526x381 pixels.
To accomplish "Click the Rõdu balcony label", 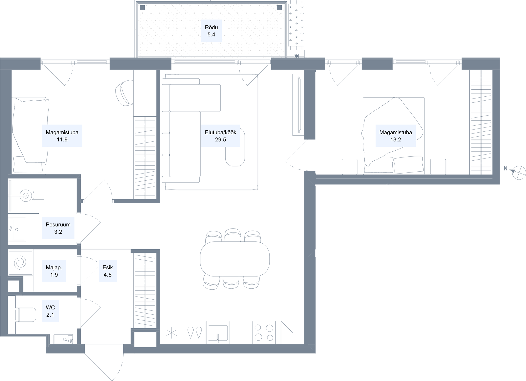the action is (x=211, y=31).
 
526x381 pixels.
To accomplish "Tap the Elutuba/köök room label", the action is (x=220, y=136).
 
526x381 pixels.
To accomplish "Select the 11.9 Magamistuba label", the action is (x=62, y=136).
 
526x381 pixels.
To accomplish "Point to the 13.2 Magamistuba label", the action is (x=396, y=136).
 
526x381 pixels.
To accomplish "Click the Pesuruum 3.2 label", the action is (x=58, y=228).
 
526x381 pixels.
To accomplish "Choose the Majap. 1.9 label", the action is (x=54, y=271).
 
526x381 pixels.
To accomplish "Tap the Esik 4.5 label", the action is (x=108, y=271).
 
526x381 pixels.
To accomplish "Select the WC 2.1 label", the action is (x=50, y=311).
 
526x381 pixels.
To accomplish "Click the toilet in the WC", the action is (x=26, y=315).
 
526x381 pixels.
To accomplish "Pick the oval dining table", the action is (x=235, y=259).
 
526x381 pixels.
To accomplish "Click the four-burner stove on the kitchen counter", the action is (x=264, y=333).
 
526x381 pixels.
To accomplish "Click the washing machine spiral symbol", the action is (x=20, y=263).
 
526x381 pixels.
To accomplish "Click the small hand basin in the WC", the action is (x=63, y=339).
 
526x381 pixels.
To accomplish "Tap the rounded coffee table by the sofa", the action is (x=235, y=147).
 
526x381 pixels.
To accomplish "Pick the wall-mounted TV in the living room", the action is (x=299, y=105).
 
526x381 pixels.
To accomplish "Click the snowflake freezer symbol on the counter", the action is (x=171, y=333).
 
